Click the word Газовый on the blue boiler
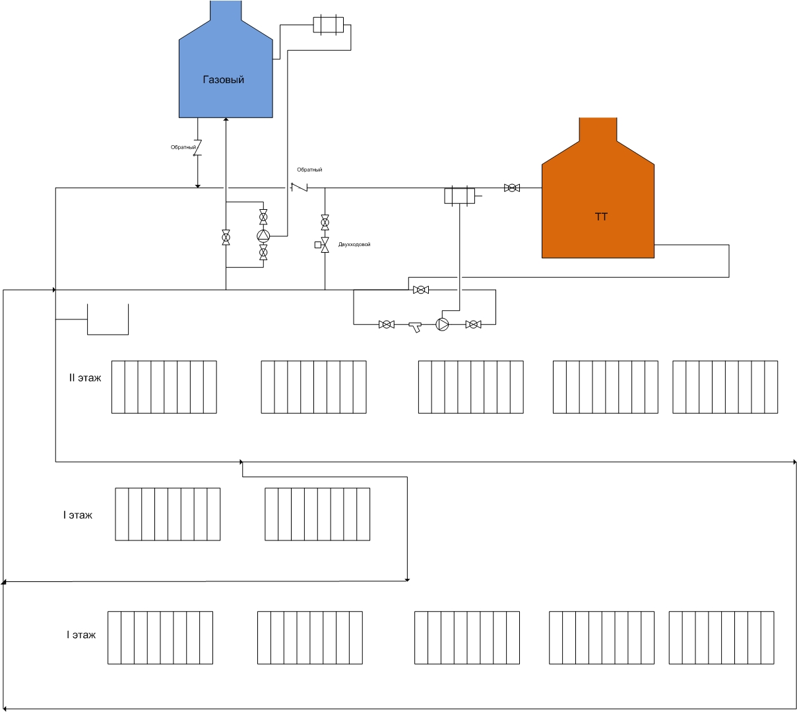[224, 79]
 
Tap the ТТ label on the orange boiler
[601, 216]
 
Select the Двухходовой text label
[354, 244]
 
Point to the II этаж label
[85, 378]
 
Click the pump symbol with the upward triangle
[263, 236]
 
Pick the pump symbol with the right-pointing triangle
[442, 324]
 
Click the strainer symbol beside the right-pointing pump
[416, 327]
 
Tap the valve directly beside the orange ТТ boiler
[512, 188]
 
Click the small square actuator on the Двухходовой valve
[318, 245]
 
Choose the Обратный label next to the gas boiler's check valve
[183, 147]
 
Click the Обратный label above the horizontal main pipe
[309, 170]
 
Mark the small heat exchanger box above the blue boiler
[328, 25]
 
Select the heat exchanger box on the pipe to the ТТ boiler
[459, 195]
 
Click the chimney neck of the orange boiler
[598, 129]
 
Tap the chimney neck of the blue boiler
[226, 11]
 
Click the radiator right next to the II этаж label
[164, 387]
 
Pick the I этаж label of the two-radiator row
[77, 515]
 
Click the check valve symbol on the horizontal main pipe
[299, 187]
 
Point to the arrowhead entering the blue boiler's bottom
[226, 119]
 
